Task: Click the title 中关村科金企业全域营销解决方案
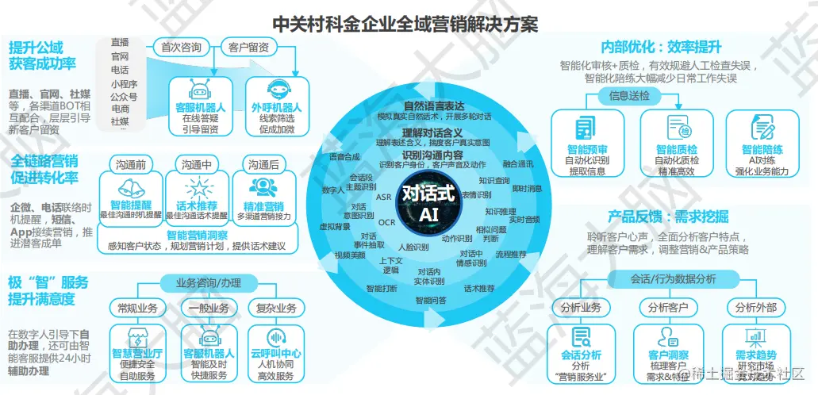pos(405,25)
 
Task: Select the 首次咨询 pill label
pos(180,47)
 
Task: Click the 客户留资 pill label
pos(248,47)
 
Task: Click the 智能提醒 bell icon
pos(130,187)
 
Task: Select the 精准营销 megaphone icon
pos(264,187)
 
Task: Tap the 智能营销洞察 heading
pos(197,235)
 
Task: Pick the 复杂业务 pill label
pos(275,308)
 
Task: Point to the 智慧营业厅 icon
pos(136,336)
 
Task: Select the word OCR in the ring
pos(386,223)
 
